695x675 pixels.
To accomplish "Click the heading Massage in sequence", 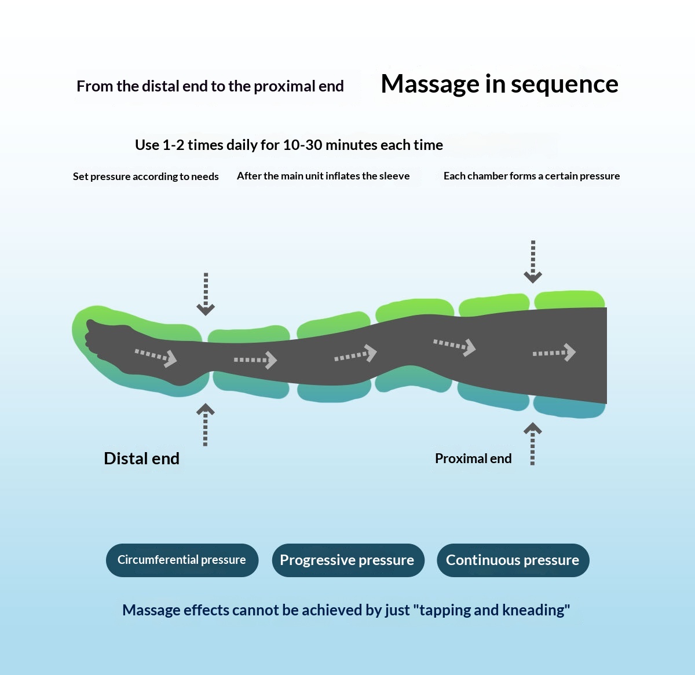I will click(x=499, y=84).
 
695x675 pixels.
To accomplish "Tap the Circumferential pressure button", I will click(x=182, y=560).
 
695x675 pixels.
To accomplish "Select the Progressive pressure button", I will click(x=348, y=560).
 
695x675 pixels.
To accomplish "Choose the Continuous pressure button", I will click(x=513, y=560).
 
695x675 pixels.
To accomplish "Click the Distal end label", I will click(x=141, y=458).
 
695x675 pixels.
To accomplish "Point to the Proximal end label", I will click(x=473, y=458).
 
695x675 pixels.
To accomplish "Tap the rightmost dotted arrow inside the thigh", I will click(x=554, y=352).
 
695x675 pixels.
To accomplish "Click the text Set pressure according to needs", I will click(x=146, y=177).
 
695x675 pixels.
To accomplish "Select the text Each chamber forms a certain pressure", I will click(x=531, y=176).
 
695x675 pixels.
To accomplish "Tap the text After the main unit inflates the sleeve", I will click(x=323, y=176).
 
